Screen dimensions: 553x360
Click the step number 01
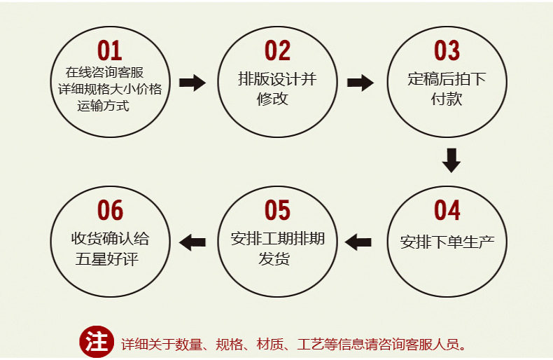(110, 51)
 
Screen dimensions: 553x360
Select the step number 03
(447, 51)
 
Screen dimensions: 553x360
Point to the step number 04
(447, 210)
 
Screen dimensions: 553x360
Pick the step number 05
(277, 210)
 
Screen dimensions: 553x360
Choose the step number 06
(110, 210)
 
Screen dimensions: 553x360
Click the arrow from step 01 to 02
(192, 83)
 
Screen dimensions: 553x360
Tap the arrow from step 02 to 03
(360, 83)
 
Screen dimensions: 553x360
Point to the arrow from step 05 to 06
(192, 242)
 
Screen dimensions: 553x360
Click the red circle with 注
(96, 342)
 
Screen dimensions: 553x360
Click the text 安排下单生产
(447, 242)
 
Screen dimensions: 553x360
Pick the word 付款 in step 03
(447, 99)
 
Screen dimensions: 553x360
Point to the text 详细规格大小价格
(110, 90)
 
